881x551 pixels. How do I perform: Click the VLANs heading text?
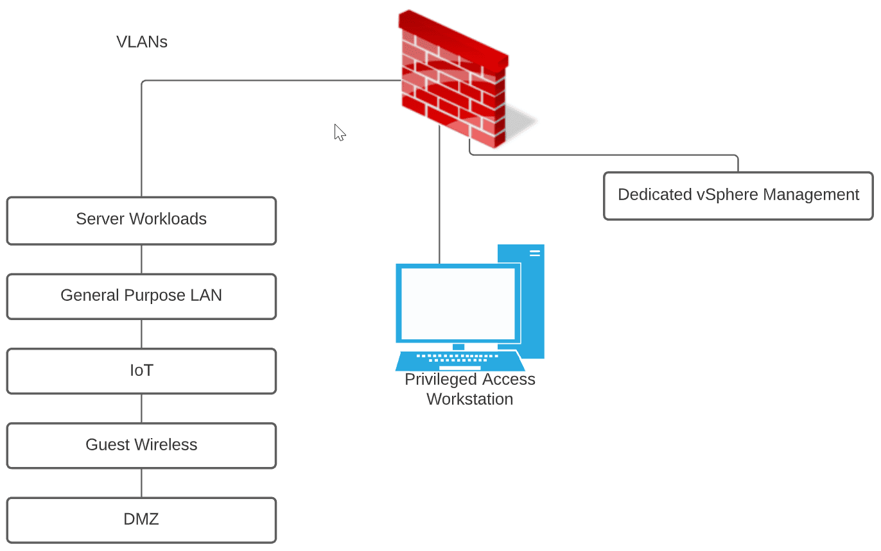coord(142,42)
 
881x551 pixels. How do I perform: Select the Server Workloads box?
coord(141,220)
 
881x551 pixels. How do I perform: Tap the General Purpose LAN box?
coord(141,296)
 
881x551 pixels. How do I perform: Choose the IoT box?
coord(141,371)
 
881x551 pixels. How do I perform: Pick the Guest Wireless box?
coord(141,445)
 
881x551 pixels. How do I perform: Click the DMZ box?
coord(141,520)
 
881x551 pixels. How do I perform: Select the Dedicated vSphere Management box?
coord(738,195)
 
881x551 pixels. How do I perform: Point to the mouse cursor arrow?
coord(339,132)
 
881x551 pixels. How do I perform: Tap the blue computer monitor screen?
coord(458,303)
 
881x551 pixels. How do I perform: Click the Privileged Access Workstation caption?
coord(469,389)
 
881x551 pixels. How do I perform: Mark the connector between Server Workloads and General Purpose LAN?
coord(141,259)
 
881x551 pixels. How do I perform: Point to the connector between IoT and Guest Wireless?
coord(141,408)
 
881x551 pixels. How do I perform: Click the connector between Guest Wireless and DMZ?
coord(141,483)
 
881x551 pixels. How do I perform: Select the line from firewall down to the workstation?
coord(439,192)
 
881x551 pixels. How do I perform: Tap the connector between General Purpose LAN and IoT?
coord(141,334)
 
